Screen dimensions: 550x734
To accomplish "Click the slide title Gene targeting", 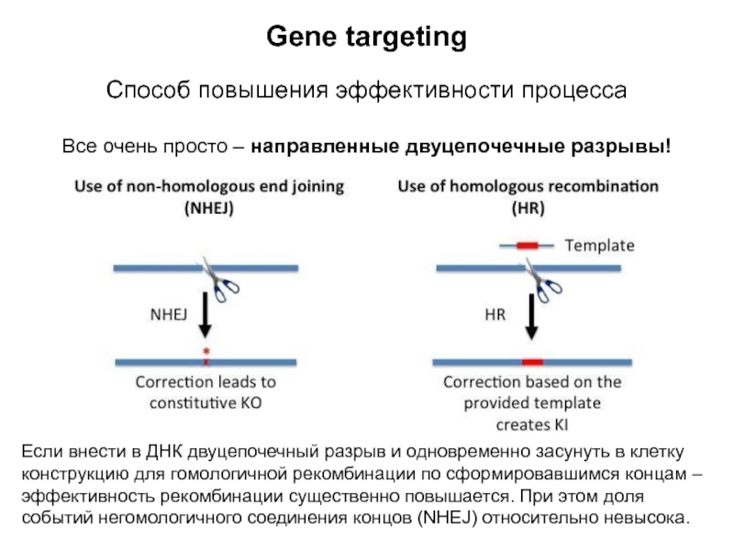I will click(366, 38).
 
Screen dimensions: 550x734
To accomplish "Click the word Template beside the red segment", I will click(599, 246).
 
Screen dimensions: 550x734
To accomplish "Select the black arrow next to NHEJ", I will click(206, 317).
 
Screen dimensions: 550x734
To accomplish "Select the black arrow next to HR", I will click(531, 317).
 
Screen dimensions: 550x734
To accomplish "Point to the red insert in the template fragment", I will click(527, 246).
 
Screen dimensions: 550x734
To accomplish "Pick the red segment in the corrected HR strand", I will click(532, 362).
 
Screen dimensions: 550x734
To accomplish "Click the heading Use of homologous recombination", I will click(528, 186).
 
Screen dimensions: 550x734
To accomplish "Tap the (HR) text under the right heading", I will click(528, 208).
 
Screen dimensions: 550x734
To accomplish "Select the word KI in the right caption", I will click(558, 424).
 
